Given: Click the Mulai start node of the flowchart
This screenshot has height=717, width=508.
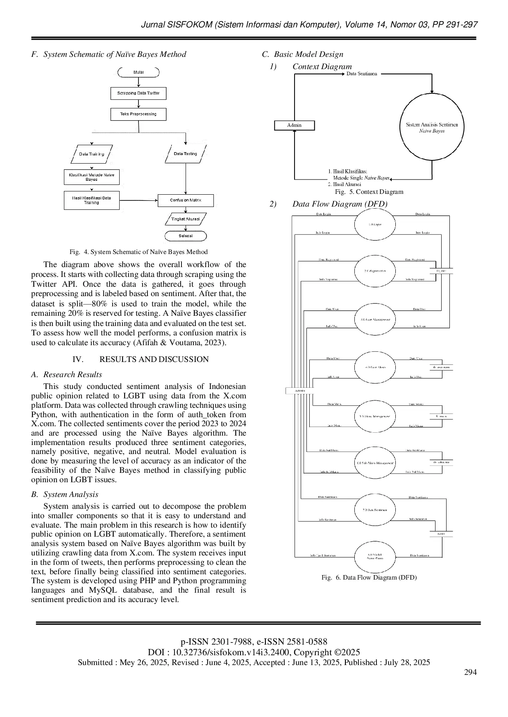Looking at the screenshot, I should [x=138, y=72].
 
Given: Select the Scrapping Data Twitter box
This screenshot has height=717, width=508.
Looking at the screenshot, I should [x=138, y=93].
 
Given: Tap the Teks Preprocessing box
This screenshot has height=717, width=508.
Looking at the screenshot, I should [x=138, y=114].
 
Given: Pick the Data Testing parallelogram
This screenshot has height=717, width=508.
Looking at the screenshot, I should [x=186, y=154].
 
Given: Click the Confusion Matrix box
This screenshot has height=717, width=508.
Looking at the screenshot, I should [x=186, y=200].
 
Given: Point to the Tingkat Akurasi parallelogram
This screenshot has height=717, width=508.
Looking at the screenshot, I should [x=186, y=219].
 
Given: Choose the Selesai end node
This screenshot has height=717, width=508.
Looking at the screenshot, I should [x=186, y=236].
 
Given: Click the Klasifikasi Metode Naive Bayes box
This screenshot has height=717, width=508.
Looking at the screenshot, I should [x=92, y=177].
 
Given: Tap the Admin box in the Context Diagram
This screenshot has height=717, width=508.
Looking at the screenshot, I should [x=295, y=125].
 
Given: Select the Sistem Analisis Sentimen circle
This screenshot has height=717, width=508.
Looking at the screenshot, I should [x=432, y=128].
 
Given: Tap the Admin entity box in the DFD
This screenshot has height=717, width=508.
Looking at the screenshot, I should [x=300, y=391].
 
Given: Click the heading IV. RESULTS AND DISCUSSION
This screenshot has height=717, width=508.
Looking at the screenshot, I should [x=141, y=359].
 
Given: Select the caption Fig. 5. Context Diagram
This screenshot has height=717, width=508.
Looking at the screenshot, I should [x=369, y=192].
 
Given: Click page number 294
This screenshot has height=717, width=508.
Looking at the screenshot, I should [x=470, y=672].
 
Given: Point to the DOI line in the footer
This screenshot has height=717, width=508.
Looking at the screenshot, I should [x=254, y=652].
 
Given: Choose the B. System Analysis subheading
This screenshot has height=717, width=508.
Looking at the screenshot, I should [x=65, y=494].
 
